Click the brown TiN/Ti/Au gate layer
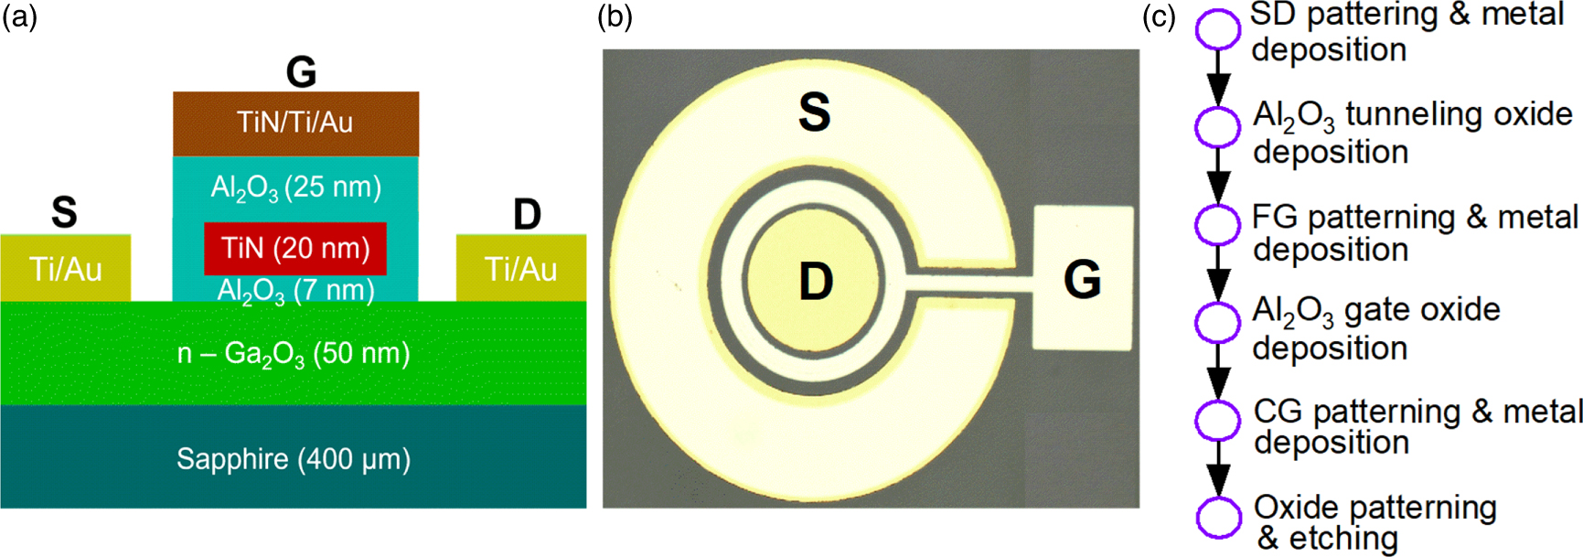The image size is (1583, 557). (x=295, y=123)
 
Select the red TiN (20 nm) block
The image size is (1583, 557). (x=295, y=248)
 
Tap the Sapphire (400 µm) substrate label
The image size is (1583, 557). (x=294, y=458)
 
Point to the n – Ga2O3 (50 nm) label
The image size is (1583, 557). (x=294, y=354)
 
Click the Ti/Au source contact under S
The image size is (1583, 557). (x=65, y=269)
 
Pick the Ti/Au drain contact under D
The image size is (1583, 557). (x=520, y=269)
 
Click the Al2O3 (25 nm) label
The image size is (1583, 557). (x=295, y=187)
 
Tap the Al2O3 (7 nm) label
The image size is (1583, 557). (x=295, y=291)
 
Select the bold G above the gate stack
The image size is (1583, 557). (x=301, y=71)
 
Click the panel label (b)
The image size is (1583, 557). (x=615, y=16)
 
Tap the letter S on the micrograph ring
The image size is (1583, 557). (x=814, y=112)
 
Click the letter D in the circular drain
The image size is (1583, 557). (x=816, y=281)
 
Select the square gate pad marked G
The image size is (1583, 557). (x=1083, y=278)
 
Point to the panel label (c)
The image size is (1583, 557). (x=1159, y=16)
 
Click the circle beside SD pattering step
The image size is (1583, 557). (x=1218, y=29)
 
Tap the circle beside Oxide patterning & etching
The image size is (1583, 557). (x=1218, y=518)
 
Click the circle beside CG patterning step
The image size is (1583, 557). (x=1218, y=420)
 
